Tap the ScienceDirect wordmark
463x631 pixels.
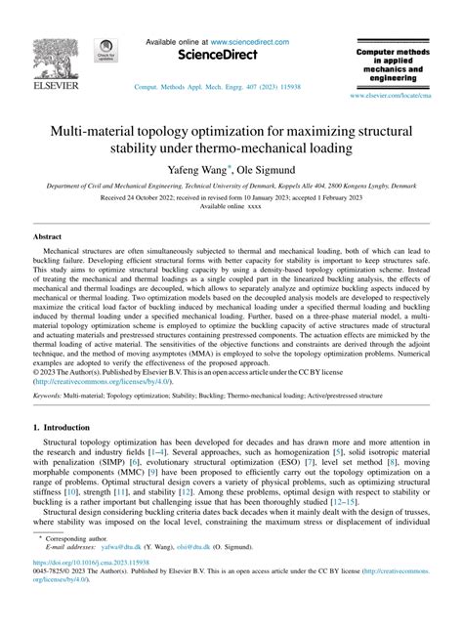pos(231,57)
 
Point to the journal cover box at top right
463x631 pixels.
pos(401,64)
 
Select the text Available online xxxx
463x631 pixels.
pos(231,207)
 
